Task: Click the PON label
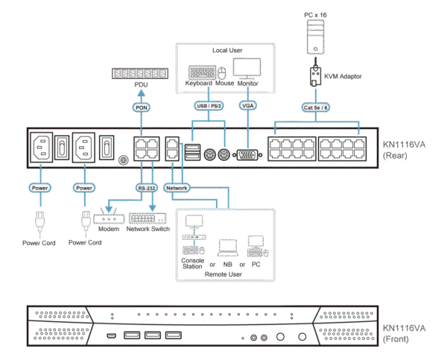pyautogui.click(x=142, y=108)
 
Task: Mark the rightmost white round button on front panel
pyautogui.click(x=302, y=338)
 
